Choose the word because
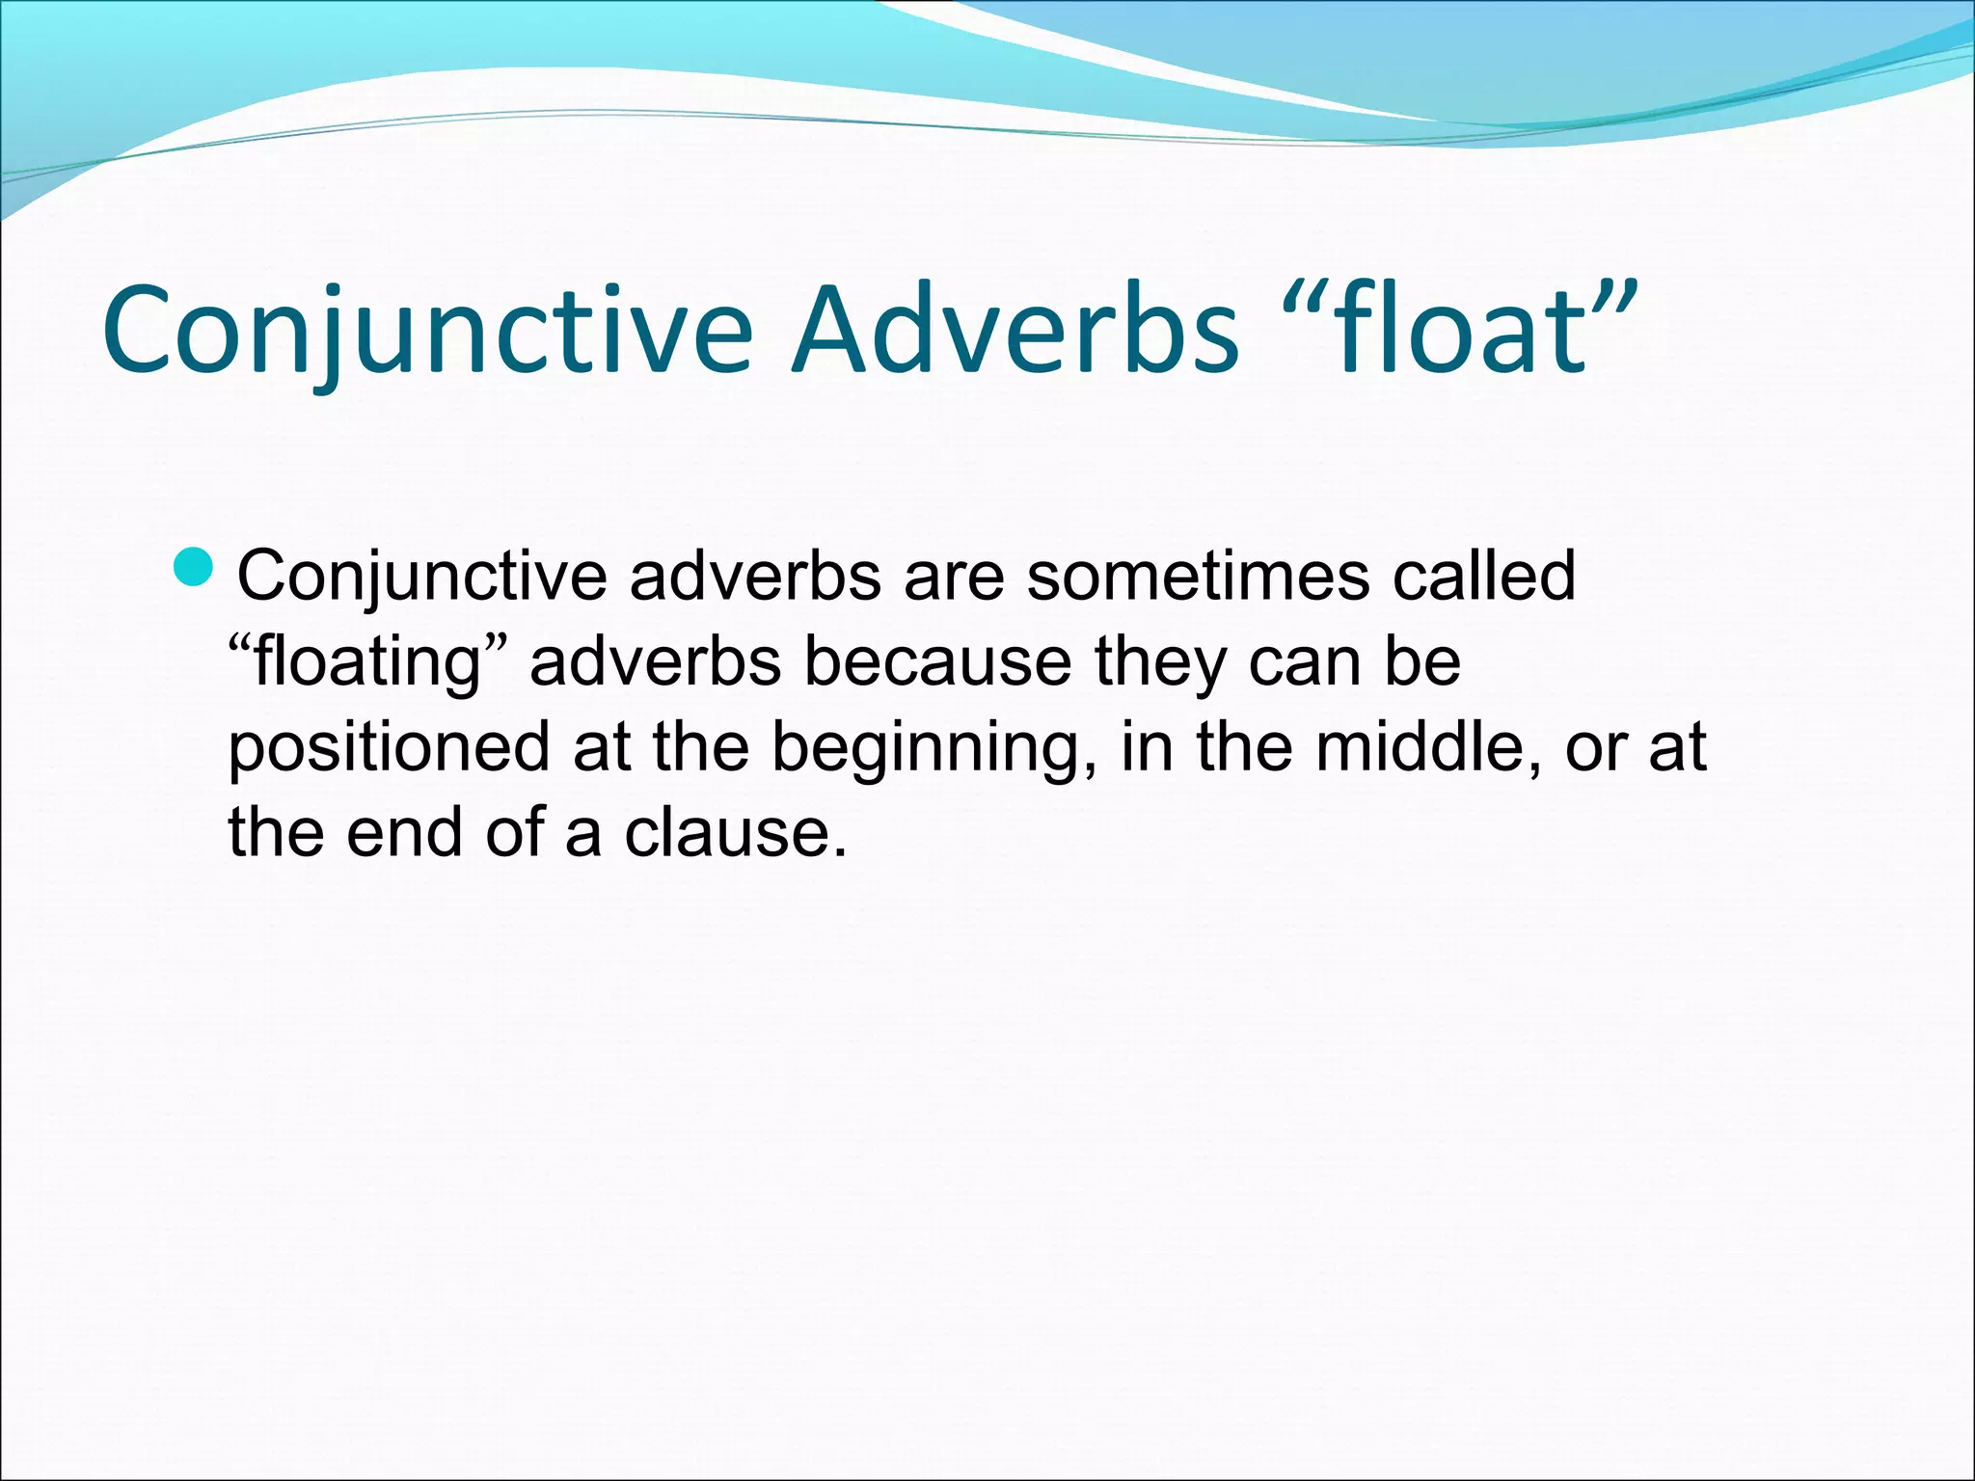pos(936,662)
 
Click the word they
pos(1160,662)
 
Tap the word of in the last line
pos(515,832)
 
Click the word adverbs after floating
pos(656,662)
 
